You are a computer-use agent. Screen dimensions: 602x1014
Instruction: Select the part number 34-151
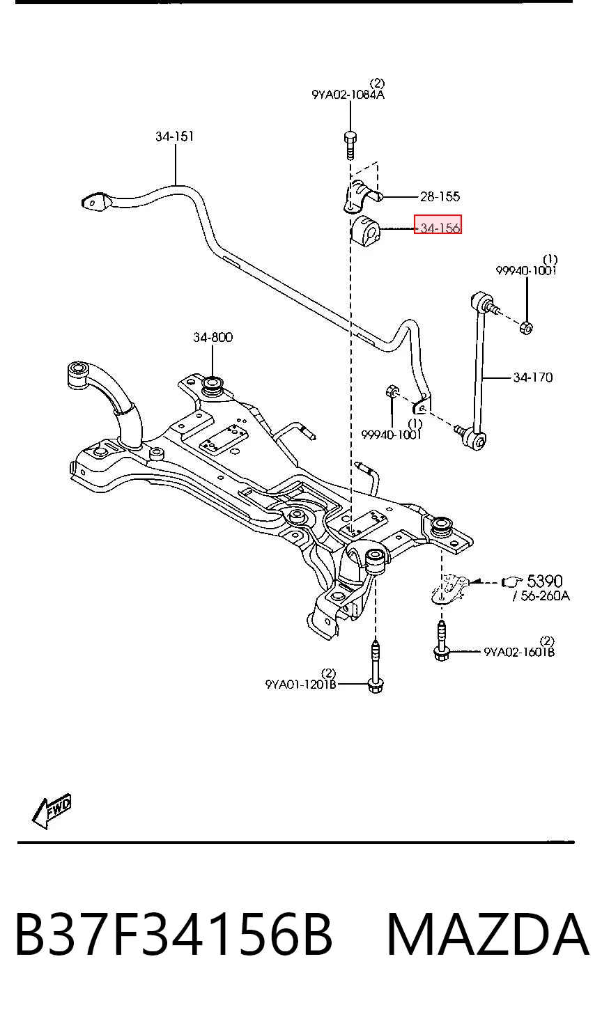click(174, 136)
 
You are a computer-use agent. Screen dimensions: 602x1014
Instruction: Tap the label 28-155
click(440, 196)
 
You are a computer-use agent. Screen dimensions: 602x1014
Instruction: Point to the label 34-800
click(213, 337)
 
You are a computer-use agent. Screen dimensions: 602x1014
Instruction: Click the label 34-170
click(533, 377)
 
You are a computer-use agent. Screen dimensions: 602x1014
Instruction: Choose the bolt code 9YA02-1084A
click(348, 95)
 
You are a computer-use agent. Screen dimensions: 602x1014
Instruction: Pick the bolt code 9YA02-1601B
click(519, 652)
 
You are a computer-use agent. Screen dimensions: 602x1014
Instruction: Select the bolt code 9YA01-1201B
click(301, 684)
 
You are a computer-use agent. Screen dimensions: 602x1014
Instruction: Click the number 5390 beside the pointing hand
click(544, 581)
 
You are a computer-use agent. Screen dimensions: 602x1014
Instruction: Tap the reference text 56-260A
click(541, 595)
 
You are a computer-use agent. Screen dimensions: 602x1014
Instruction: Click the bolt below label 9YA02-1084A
click(350, 146)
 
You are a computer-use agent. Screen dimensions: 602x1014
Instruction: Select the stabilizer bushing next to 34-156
click(366, 232)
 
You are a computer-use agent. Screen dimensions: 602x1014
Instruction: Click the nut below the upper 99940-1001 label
click(526, 327)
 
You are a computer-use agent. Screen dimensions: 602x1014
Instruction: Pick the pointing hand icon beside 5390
click(512, 582)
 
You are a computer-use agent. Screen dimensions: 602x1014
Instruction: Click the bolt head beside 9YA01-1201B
click(376, 687)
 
